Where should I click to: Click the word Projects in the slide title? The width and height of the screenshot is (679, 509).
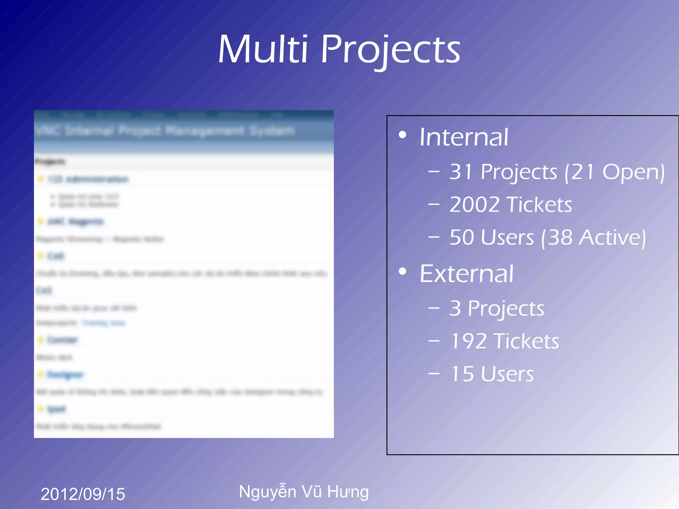pyautogui.click(x=391, y=50)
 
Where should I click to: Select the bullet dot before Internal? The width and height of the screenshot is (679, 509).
pyautogui.click(x=402, y=135)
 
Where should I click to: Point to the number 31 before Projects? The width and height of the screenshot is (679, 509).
pyautogui.click(x=461, y=172)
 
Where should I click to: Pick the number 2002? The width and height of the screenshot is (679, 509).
pyautogui.click(x=474, y=204)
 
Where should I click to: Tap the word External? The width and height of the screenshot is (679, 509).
pyautogui.click(x=466, y=274)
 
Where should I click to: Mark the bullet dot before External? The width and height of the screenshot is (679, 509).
pyautogui.click(x=402, y=272)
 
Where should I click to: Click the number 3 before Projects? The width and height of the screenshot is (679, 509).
pyautogui.click(x=455, y=309)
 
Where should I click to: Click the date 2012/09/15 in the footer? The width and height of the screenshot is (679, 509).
pyautogui.click(x=83, y=494)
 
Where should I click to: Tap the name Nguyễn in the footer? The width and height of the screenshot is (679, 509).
pyautogui.click(x=268, y=491)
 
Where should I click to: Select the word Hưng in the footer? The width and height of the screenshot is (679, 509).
pyautogui.click(x=348, y=492)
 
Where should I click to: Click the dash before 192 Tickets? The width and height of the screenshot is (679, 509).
pyautogui.click(x=434, y=340)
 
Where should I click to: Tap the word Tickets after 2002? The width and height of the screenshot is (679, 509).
pyautogui.click(x=539, y=204)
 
